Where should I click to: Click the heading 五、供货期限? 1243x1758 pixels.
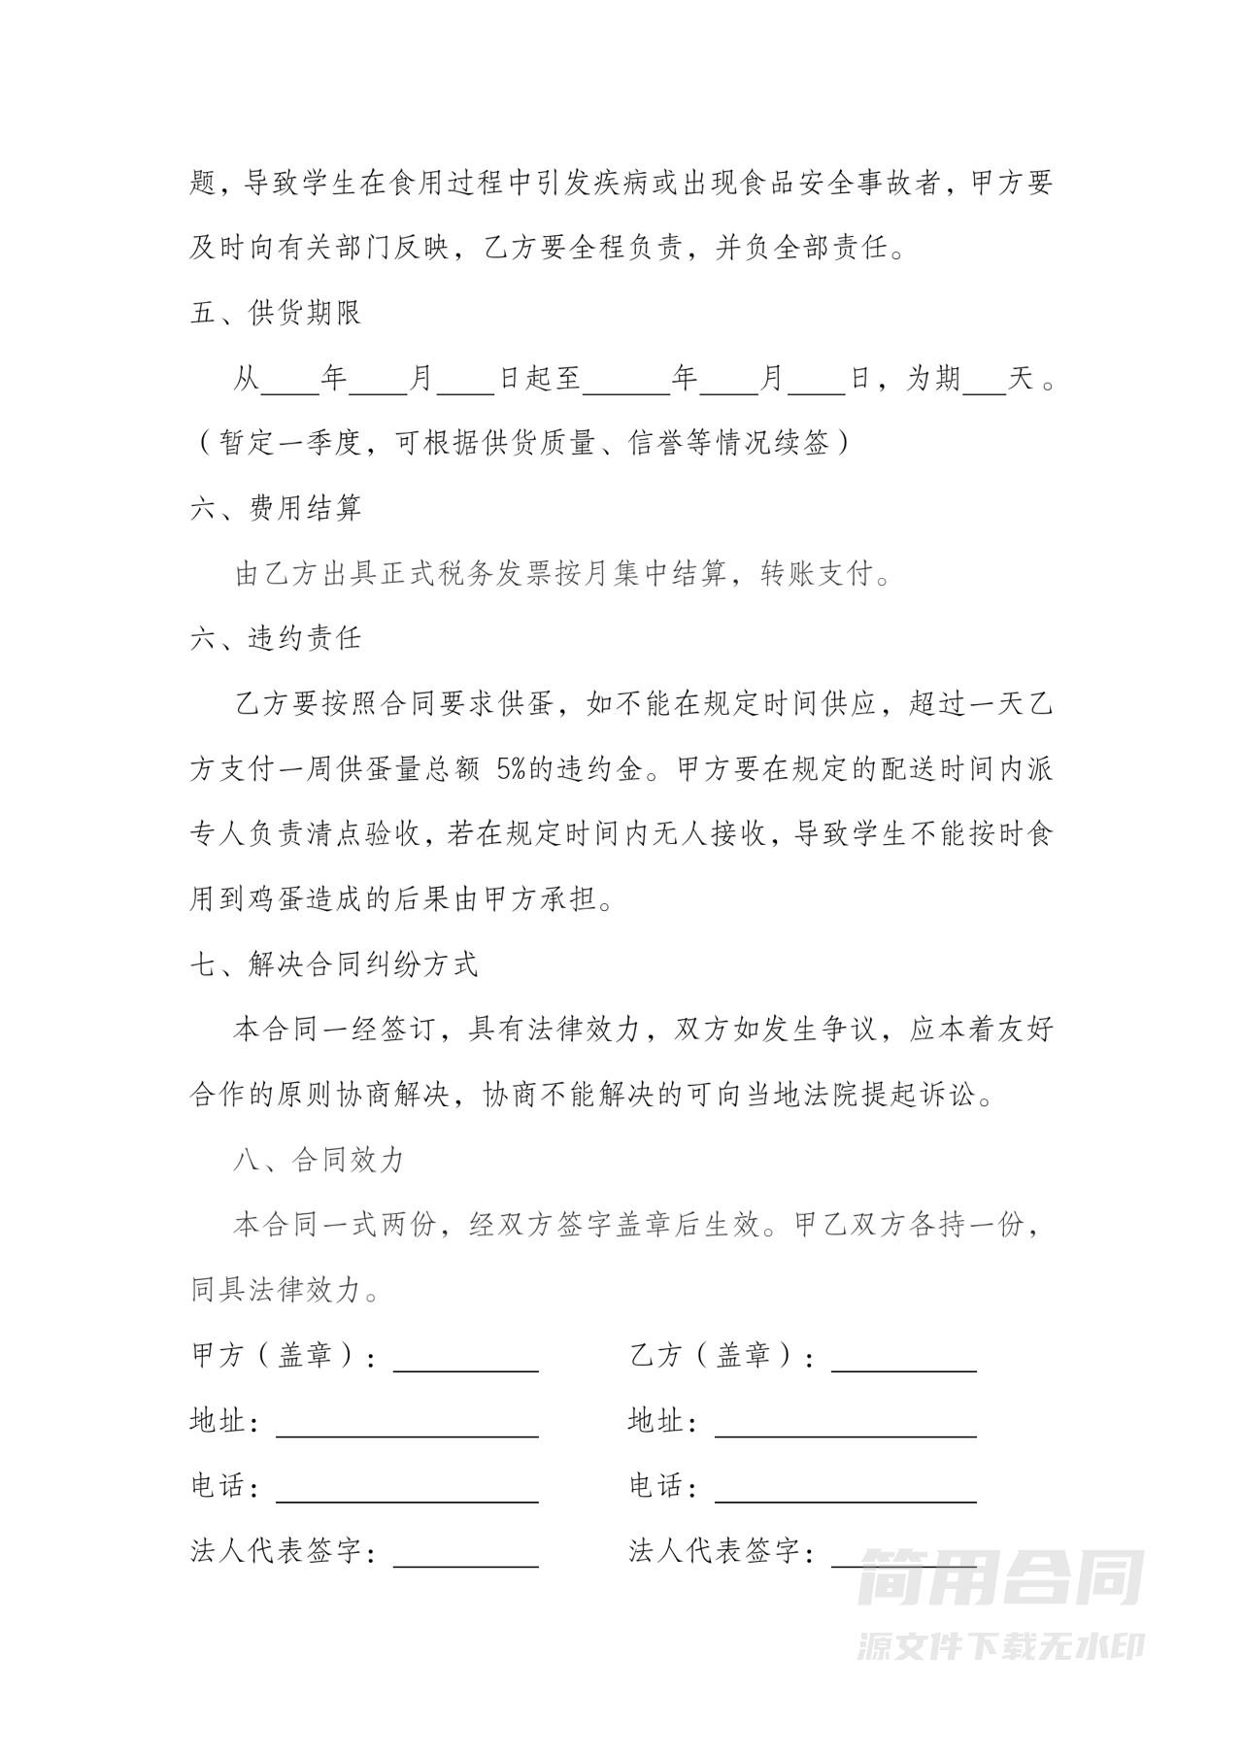point(276,314)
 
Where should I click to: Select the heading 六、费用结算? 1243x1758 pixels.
point(276,508)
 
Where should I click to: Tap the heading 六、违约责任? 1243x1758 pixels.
point(276,638)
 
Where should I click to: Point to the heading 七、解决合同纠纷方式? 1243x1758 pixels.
point(334,964)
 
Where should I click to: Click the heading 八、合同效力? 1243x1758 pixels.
point(319,1161)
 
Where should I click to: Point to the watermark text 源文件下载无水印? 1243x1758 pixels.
point(1000,1645)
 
